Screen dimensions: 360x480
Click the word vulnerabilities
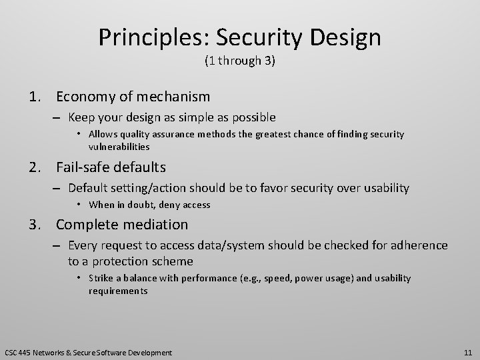(119, 147)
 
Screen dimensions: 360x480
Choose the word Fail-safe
(83, 167)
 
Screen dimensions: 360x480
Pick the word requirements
(118, 291)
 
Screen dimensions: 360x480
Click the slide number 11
(467, 352)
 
